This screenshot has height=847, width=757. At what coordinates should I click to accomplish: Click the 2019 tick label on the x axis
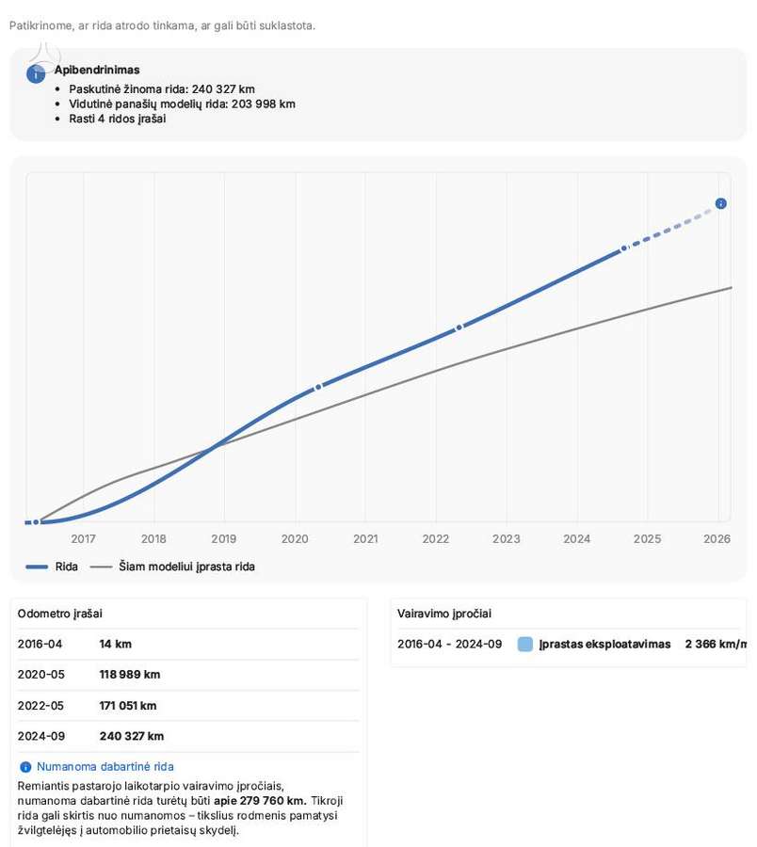224,538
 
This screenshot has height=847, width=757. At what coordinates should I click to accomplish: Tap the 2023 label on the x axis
507,538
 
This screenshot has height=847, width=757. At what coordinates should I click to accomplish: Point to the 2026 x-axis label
717,538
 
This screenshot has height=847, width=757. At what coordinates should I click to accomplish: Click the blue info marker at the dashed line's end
721,203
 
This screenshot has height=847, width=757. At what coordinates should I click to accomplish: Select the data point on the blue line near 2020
318,387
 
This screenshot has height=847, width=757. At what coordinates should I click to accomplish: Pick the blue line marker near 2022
459,328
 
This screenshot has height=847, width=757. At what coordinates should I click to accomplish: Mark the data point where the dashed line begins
624,248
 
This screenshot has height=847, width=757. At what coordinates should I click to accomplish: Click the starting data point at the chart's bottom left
36,521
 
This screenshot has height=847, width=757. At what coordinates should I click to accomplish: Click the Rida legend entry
52,567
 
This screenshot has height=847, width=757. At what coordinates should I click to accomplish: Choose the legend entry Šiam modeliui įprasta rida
172,567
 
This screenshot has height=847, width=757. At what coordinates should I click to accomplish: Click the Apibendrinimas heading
97,70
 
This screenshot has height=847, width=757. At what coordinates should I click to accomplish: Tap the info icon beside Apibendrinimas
36,74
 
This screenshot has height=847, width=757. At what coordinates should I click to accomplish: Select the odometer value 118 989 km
130,674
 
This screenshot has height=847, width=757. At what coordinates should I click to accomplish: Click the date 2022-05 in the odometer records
40,706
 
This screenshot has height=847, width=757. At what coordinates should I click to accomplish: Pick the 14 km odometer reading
116,644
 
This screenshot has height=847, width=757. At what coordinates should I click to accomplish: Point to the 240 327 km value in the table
132,736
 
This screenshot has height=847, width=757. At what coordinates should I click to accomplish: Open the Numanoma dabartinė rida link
105,766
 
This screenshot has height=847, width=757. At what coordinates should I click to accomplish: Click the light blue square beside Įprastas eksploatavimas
525,644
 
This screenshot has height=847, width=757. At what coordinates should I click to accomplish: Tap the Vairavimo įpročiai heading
444,614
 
